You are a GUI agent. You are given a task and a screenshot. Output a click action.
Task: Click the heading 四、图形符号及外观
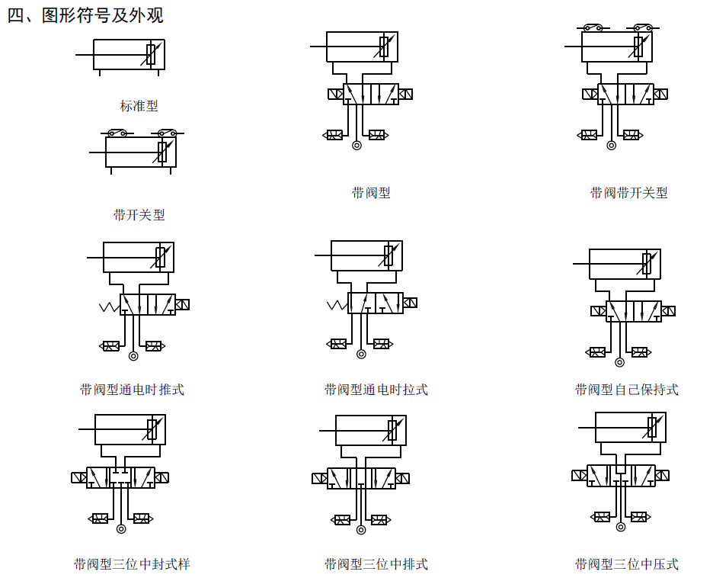click(x=85, y=15)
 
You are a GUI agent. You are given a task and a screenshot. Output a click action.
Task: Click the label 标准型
click(x=139, y=106)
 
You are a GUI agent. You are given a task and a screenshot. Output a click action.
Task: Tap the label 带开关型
click(x=139, y=215)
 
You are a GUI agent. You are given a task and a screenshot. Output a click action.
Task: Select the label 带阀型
click(x=371, y=193)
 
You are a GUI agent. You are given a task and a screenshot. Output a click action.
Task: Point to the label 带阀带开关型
click(x=628, y=193)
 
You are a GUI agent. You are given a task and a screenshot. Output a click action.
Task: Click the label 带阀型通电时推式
click(x=132, y=390)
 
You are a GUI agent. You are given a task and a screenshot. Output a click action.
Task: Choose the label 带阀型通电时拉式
click(x=376, y=390)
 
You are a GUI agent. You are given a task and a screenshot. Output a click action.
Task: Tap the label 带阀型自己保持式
click(x=626, y=390)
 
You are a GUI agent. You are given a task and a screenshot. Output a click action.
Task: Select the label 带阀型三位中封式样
click(x=132, y=564)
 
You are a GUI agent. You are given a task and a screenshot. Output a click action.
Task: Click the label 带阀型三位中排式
click(x=376, y=564)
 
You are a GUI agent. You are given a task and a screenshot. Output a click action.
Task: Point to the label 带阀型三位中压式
click(x=626, y=564)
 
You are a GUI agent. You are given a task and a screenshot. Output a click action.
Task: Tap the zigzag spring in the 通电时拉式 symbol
click(x=337, y=306)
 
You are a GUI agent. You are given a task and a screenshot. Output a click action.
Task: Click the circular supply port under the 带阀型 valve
click(x=356, y=145)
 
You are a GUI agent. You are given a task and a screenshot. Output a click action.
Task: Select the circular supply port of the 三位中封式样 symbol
click(x=120, y=528)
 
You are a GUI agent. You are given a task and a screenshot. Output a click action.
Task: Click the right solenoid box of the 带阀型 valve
click(x=406, y=94)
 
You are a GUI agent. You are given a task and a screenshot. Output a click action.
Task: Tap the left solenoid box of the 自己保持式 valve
click(x=599, y=310)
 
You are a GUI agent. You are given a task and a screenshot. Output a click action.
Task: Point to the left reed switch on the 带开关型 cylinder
click(x=117, y=133)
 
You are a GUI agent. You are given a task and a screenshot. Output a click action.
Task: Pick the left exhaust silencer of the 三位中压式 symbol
click(x=601, y=516)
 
